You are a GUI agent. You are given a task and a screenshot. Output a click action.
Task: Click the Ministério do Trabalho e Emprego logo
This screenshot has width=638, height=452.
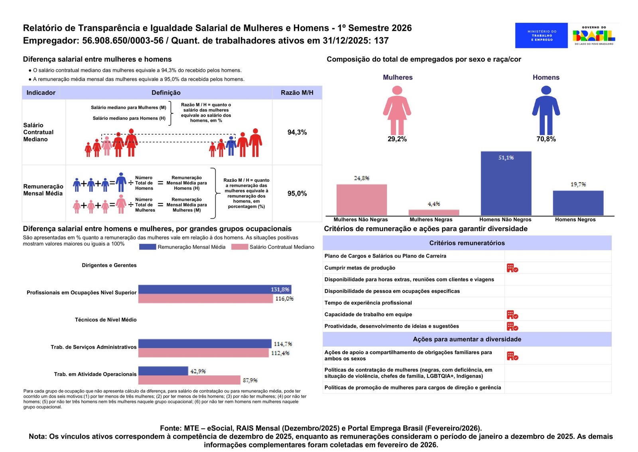tap(541, 36)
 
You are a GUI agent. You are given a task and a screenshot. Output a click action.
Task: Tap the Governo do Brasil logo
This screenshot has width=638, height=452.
tap(594, 36)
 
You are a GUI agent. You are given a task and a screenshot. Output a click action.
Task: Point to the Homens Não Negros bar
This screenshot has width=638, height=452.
tap(506, 183)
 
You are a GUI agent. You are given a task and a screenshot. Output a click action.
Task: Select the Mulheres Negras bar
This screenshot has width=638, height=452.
tap(433, 212)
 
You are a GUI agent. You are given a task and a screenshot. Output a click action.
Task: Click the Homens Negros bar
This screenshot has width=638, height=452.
tap(578, 203)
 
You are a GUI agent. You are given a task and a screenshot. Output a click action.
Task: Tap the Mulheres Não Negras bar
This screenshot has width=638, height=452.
tap(361, 200)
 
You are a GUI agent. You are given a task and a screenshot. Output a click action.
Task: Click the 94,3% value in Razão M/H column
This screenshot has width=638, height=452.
tap(297, 133)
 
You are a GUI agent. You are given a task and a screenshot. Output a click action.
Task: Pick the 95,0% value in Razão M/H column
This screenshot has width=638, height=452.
tap(297, 194)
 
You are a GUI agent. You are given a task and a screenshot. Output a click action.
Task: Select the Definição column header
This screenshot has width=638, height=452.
tap(166, 93)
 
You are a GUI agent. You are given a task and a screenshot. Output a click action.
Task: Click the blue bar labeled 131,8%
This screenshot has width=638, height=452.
tap(215, 289)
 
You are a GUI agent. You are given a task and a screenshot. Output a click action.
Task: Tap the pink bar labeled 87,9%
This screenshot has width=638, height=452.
tap(189, 380)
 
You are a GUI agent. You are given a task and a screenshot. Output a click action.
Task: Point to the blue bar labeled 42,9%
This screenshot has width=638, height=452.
tap(163, 371)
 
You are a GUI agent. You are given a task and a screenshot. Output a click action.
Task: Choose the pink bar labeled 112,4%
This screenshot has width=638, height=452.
tap(203, 353)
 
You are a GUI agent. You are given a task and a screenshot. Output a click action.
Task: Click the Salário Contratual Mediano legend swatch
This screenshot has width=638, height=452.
tap(240, 247)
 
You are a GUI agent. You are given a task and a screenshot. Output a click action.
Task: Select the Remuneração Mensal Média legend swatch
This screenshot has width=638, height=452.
tap(147, 247)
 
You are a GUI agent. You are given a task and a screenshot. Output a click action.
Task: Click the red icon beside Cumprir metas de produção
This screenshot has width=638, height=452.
tap(512, 268)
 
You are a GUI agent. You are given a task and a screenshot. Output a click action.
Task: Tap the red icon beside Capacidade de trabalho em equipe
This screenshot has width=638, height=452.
tap(512, 315)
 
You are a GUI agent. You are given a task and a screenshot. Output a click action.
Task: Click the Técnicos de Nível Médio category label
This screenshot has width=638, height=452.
tap(106, 320)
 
